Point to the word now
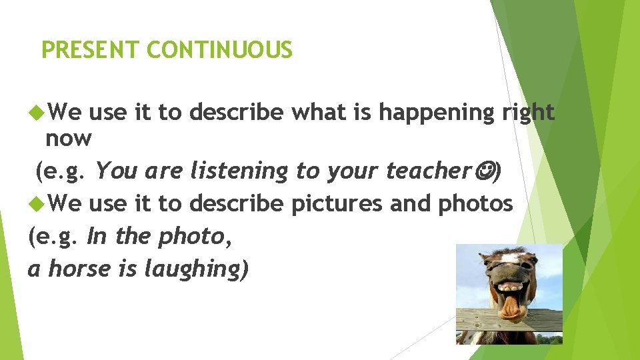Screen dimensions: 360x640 tap(68, 139)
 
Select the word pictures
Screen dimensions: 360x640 tap(337, 203)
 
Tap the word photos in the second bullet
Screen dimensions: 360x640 tap(475, 203)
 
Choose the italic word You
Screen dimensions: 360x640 tap(116, 171)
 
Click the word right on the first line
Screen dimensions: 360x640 tap(527, 113)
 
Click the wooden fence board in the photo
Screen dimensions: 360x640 tap(480, 320)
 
